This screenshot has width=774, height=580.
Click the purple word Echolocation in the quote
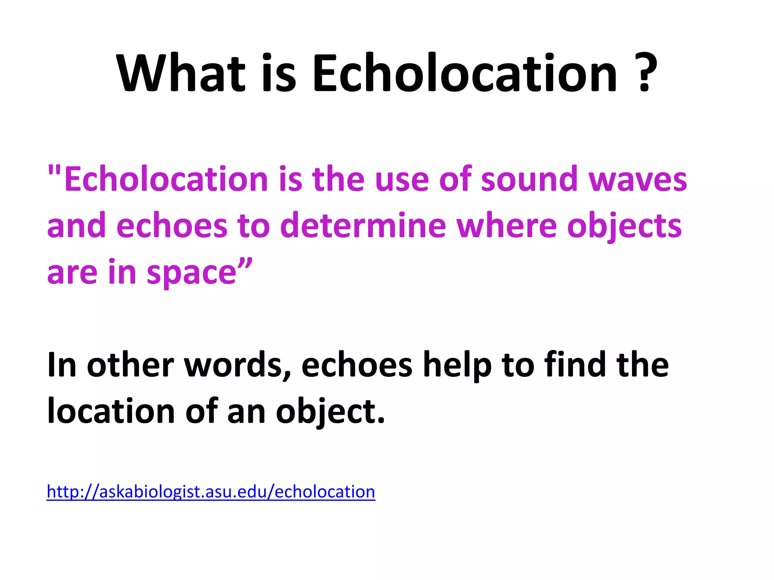pos(166,179)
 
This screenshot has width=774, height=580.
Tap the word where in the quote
pos(506,225)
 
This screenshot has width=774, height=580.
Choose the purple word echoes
pos(172,225)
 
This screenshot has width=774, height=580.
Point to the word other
pos(130,365)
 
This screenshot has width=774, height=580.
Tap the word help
pos(457,365)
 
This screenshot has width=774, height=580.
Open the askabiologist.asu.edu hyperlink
pos(211,492)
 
